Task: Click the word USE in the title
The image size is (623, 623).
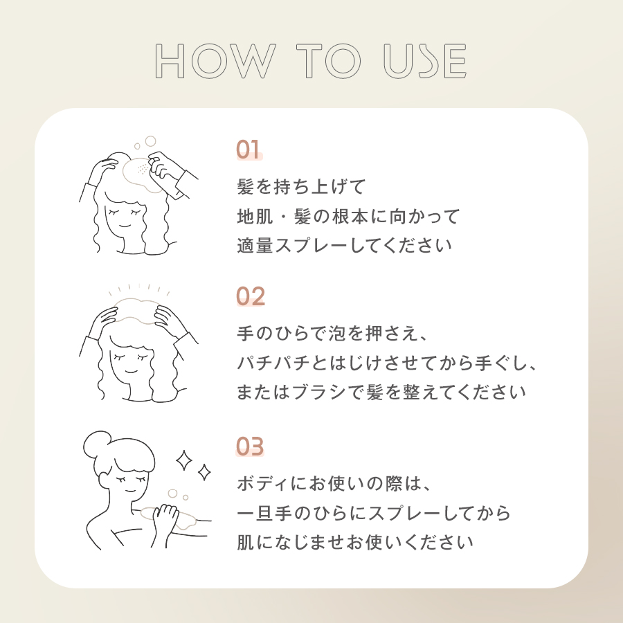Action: click(x=425, y=62)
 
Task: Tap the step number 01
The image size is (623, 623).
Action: click(x=249, y=150)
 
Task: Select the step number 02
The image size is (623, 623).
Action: click(x=251, y=296)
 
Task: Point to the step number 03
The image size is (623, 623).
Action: click(x=251, y=446)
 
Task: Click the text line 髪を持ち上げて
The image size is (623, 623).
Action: click(x=300, y=187)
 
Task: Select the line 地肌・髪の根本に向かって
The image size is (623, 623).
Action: click(x=348, y=217)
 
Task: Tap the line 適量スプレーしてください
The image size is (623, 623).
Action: click(x=345, y=246)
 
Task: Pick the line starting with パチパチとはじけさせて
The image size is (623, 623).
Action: click(x=387, y=363)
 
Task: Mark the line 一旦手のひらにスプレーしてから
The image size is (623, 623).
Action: click(x=374, y=512)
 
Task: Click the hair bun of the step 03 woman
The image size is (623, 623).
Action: click(x=98, y=444)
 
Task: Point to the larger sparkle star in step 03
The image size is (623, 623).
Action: click(x=185, y=460)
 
